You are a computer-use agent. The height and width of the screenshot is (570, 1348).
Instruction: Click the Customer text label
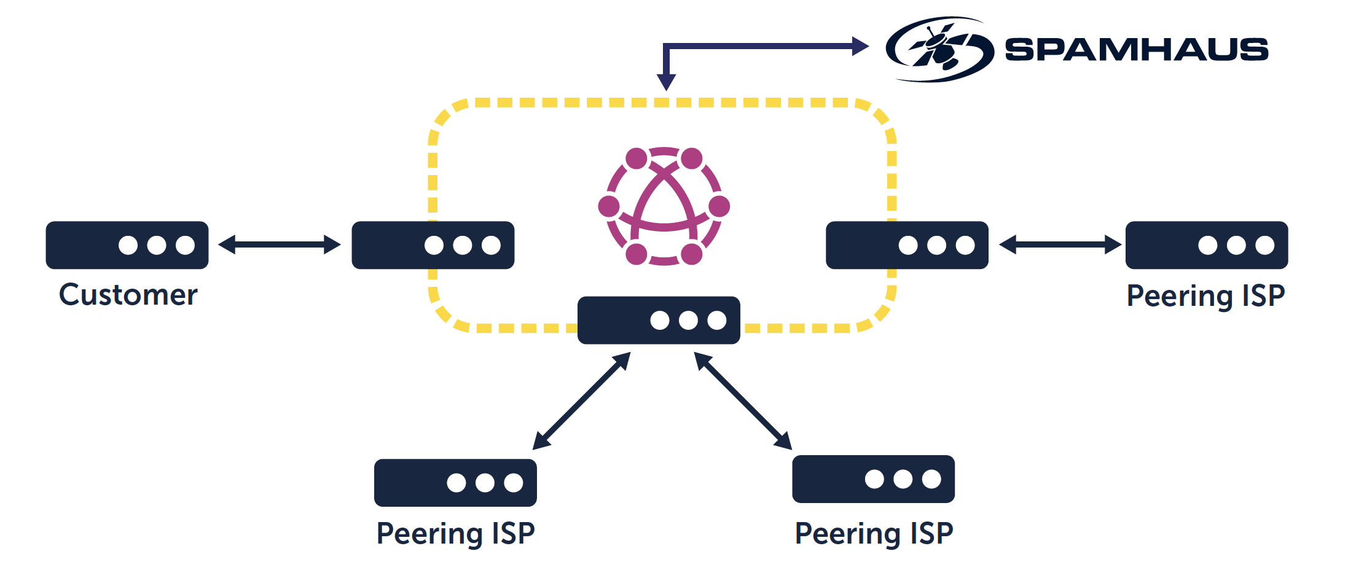128,295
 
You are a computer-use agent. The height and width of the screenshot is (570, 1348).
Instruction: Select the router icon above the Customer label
127,245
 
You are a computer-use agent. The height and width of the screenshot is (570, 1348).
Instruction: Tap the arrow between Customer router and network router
280,244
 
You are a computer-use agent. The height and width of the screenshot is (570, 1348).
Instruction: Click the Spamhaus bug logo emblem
939,49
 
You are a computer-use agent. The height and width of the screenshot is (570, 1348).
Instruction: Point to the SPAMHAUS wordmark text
1136,50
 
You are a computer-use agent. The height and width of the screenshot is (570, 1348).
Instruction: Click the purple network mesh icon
664,206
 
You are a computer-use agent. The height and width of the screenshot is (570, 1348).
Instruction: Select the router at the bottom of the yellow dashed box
659,320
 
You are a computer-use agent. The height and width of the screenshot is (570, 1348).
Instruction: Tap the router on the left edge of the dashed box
433,245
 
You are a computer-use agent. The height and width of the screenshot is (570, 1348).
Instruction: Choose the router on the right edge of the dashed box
907,245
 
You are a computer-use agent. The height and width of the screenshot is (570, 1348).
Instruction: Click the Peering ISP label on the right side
1205,296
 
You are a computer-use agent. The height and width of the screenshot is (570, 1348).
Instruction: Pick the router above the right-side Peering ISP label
1206,245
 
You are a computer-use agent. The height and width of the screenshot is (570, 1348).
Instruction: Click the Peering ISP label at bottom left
455,533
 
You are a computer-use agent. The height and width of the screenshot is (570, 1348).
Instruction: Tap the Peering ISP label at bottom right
874,533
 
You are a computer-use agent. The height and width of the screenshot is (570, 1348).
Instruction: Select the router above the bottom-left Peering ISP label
455,483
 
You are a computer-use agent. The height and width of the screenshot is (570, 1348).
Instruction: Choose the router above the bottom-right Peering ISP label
873,479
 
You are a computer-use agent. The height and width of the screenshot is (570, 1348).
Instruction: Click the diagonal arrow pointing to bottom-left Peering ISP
581,401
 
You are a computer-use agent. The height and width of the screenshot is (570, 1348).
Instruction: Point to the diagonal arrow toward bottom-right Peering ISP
743,401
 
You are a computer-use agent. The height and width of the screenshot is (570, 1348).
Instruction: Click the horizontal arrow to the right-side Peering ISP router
1060,244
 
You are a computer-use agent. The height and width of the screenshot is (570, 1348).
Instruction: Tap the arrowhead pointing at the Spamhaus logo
860,46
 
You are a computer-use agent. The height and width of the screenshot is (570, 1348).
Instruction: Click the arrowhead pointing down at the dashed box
666,82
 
